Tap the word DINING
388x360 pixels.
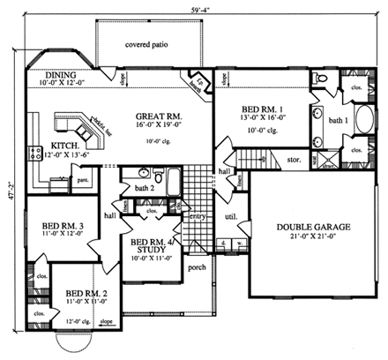60,76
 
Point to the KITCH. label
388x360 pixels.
67,145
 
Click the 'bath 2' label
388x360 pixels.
145,187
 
